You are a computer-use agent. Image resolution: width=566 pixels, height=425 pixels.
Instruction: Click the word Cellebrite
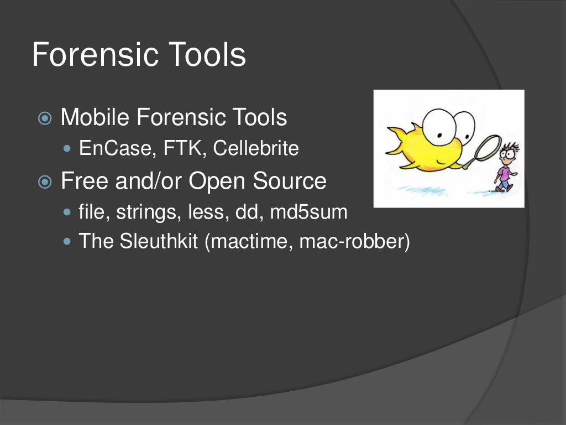[x=256, y=149]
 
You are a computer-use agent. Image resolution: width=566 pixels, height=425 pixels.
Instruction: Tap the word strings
[x=140, y=212]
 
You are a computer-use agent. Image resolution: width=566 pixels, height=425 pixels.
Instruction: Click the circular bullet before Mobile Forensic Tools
[x=45, y=118]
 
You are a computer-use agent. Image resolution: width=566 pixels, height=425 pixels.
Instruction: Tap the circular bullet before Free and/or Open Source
[x=45, y=182]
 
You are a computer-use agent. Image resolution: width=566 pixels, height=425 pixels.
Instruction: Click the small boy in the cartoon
[x=505, y=169]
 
